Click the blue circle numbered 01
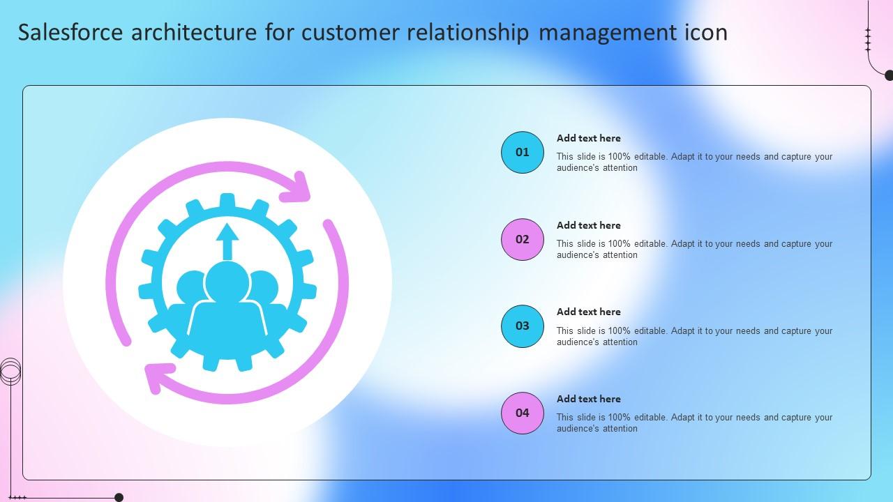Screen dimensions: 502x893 523,152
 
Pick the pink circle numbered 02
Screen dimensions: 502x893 523,239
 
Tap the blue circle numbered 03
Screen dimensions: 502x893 523,326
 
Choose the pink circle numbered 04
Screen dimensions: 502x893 523,413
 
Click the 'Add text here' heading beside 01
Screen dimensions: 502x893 588,138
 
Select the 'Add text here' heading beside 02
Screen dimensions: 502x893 588,225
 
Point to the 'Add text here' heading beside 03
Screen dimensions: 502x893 588,312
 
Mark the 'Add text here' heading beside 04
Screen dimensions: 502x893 588,399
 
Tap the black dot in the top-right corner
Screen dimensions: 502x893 889,75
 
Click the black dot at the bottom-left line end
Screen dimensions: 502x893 119,498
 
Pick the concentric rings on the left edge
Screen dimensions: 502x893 10,371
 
